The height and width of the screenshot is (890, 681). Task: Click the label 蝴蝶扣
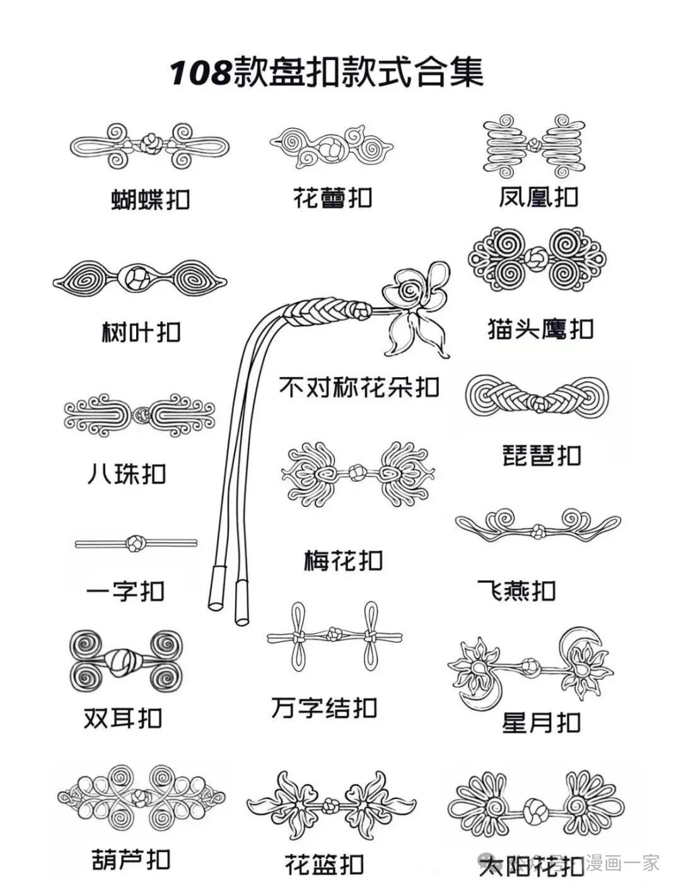pyautogui.click(x=150, y=199)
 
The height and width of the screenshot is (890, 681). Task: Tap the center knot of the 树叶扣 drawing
pyautogui.click(x=138, y=278)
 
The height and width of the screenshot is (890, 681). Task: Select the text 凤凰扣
pyautogui.click(x=538, y=197)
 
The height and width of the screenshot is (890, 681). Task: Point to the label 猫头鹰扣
pyautogui.click(x=540, y=329)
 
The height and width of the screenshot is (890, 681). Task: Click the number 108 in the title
pyautogui.click(x=200, y=73)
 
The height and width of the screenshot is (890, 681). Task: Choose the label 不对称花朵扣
pyautogui.click(x=359, y=387)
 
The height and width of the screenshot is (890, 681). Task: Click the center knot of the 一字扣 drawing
pyautogui.click(x=135, y=543)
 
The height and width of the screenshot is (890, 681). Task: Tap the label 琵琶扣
pyautogui.click(x=541, y=455)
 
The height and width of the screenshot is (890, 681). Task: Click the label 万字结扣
pyautogui.click(x=324, y=708)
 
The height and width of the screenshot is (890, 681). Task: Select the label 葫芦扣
pyautogui.click(x=131, y=860)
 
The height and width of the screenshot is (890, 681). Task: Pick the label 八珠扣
pyautogui.click(x=126, y=474)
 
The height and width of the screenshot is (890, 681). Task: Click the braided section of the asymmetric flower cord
pyautogui.click(x=318, y=311)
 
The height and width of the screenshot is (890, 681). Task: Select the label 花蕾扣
pyautogui.click(x=332, y=198)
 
